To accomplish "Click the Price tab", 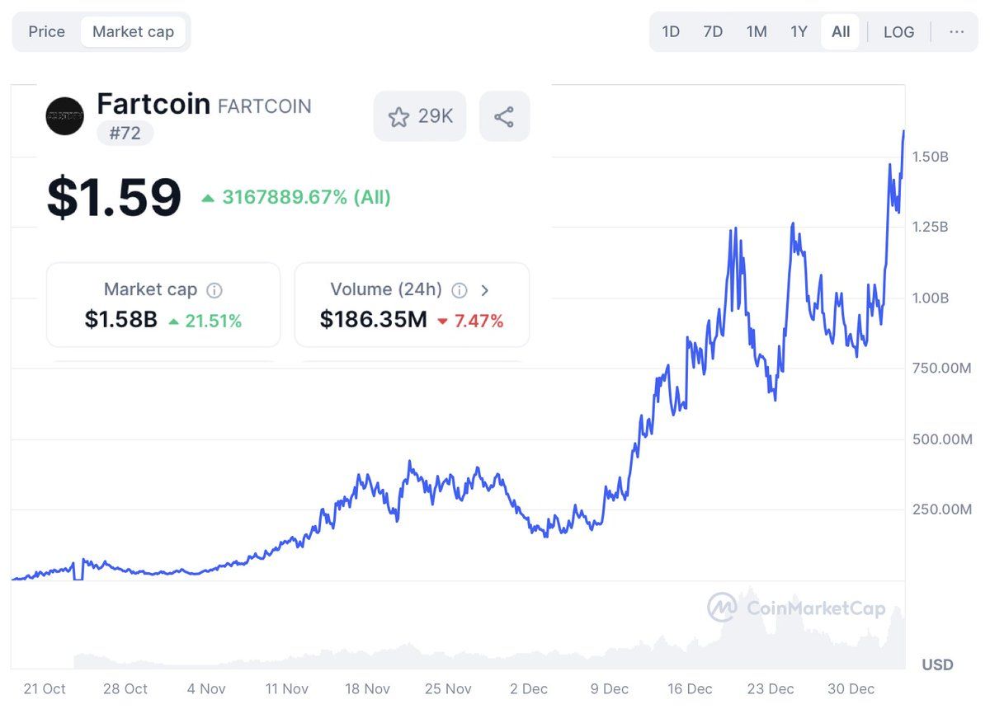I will click(46, 32).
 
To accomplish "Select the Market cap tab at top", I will click(133, 32).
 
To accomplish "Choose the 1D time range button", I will click(671, 32).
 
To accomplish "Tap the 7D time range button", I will click(713, 32).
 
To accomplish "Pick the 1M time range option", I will click(756, 32).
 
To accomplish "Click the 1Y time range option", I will click(799, 32).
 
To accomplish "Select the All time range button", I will click(840, 32).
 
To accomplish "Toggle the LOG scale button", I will click(898, 32).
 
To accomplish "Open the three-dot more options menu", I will click(956, 32).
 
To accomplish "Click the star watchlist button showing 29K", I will click(420, 116).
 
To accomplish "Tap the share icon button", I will click(504, 116).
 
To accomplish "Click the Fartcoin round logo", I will click(64, 116).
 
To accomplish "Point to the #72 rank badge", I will click(125, 133).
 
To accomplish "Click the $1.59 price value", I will click(114, 198).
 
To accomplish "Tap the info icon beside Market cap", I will click(214, 290).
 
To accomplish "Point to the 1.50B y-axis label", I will click(930, 157).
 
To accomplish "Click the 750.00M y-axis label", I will click(941, 369).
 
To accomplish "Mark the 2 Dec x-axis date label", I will click(529, 688).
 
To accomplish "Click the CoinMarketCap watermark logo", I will click(796, 608).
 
